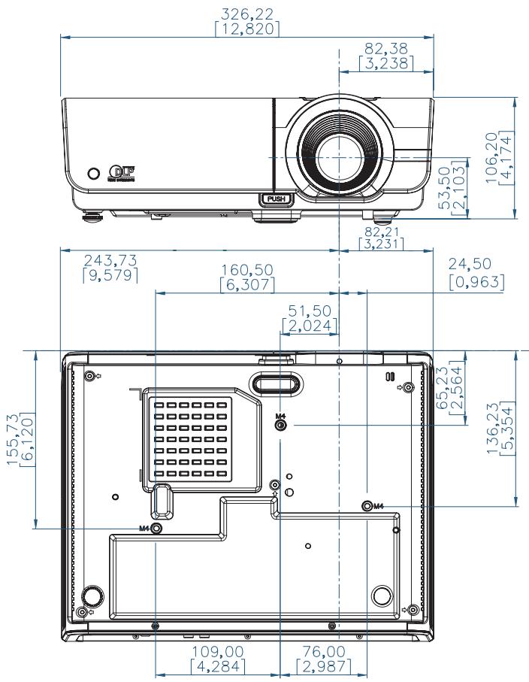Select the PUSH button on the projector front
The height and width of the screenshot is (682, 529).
[x=273, y=199]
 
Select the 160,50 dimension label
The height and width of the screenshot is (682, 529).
[x=247, y=277]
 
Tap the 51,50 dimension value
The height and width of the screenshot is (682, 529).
[x=310, y=318]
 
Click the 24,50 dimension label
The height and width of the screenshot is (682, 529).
[x=476, y=274]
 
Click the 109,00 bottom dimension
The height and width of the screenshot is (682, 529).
[x=217, y=658]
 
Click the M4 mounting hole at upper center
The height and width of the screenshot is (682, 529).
[x=281, y=425]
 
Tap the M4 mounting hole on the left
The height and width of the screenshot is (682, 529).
[x=156, y=529]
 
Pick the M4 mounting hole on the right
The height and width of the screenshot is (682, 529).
[x=367, y=506]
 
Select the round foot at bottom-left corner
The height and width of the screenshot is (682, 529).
[x=92, y=596]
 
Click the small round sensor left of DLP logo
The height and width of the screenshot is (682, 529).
[x=93, y=173]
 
